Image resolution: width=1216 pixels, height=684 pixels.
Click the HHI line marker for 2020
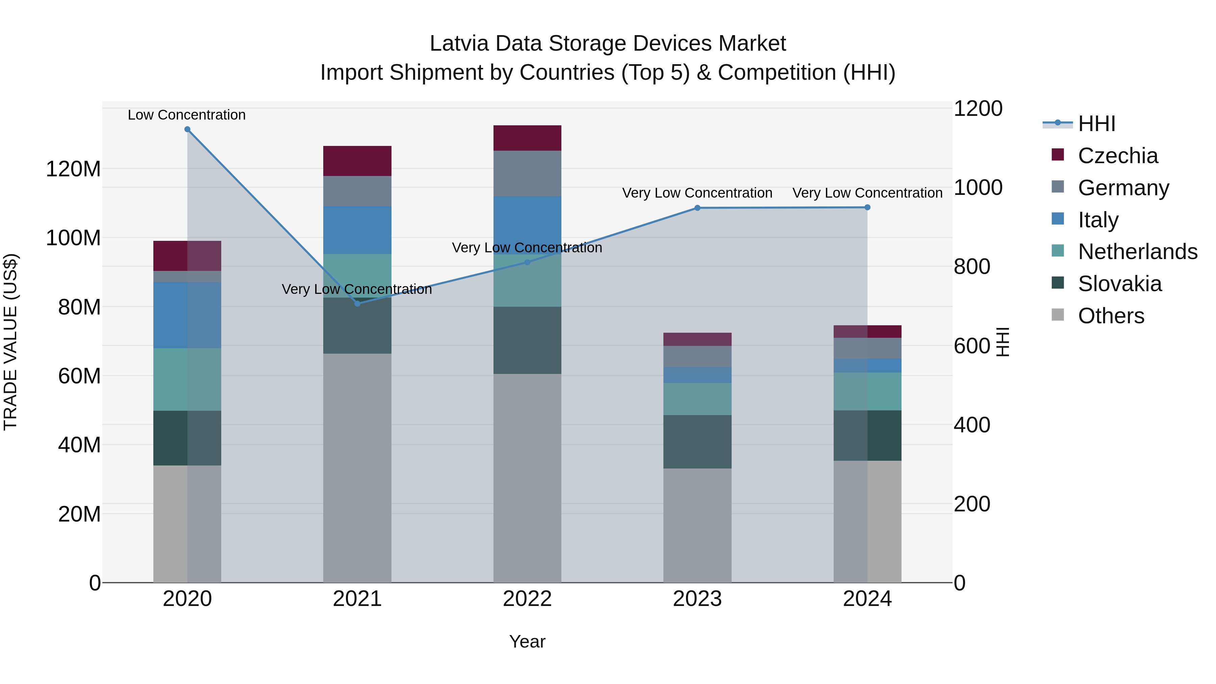[x=187, y=129]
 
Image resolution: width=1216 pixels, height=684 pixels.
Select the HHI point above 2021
[x=357, y=304]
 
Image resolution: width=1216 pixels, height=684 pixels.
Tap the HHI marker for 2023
[x=697, y=208]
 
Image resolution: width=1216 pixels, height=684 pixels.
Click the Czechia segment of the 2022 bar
[x=527, y=138]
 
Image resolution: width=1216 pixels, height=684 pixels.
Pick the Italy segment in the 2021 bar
[x=357, y=230]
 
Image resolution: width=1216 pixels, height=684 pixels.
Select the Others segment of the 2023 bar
[x=697, y=525]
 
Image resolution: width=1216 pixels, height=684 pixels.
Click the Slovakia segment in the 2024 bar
[x=867, y=435]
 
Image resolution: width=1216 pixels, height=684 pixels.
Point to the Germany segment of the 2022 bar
[x=527, y=173]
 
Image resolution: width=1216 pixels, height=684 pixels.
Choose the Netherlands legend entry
[x=1137, y=252]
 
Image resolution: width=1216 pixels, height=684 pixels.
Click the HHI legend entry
[x=1096, y=124]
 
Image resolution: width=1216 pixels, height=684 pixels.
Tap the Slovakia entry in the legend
[x=1119, y=284]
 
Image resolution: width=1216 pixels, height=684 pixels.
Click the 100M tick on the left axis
[x=73, y=238]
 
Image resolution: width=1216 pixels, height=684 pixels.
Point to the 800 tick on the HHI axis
[x=971, y=267]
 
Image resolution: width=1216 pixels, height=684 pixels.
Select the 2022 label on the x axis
[x=527, y=599]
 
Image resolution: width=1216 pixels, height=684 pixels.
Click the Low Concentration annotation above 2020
[x=186, y=115]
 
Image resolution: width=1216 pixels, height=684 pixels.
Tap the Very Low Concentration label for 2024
[x=867, y=193]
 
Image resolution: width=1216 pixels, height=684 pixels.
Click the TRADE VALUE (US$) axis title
[x=10, y=342]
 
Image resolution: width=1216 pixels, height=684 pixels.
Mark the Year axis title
[x=527, y=641]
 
